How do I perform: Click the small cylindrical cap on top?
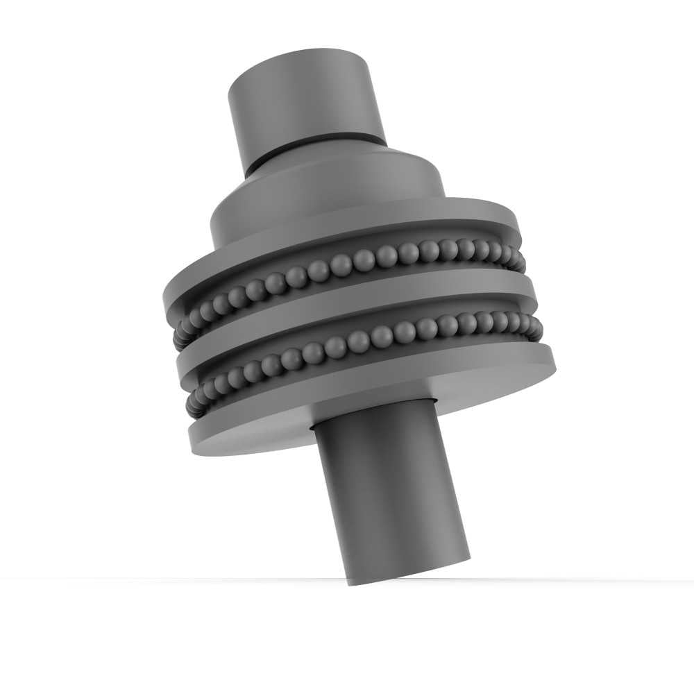[x=305, y=97]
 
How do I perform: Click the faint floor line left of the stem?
[x=173, y=578]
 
